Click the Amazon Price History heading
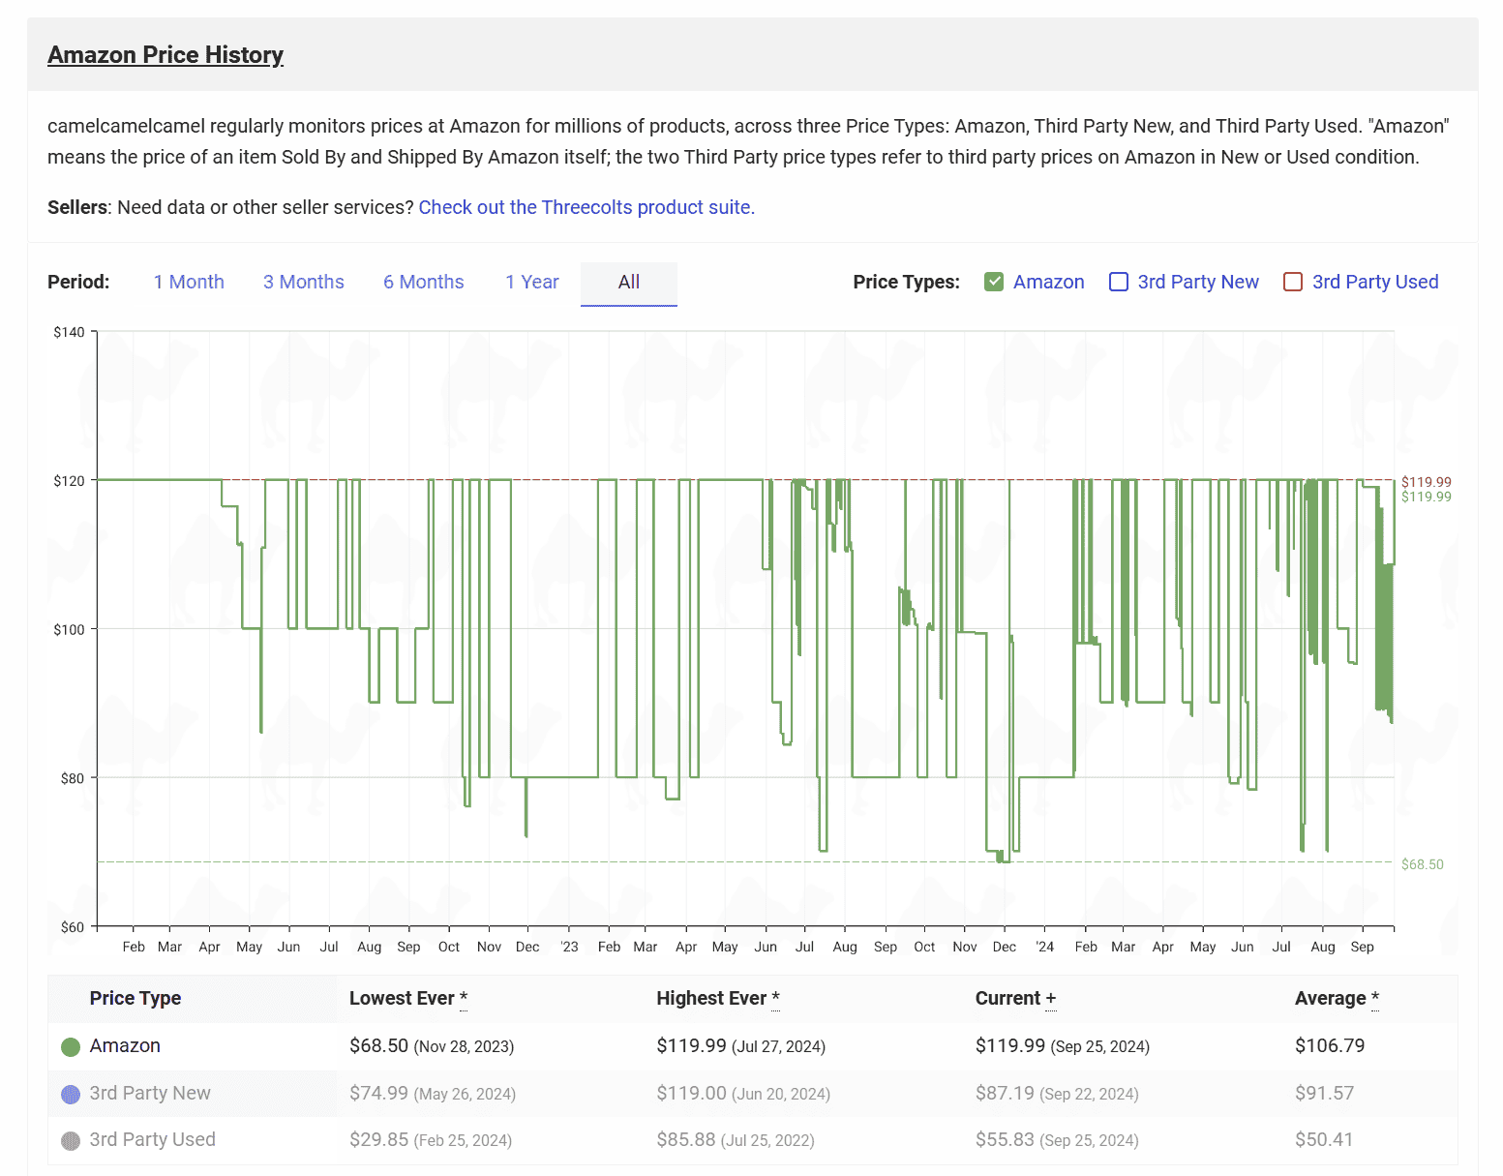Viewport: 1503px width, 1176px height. coord(165,54)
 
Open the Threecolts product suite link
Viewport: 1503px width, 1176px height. coord(586,207)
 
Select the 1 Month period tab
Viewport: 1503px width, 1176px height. coord(189,282)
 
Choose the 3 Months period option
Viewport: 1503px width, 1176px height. coord(303,282)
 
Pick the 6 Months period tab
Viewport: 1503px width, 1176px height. coord(423,282)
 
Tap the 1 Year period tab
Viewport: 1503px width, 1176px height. coord(532,282)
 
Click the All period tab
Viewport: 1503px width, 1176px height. coord(629,283)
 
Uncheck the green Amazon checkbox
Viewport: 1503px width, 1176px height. coord(993,282)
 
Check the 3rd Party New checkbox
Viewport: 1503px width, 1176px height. coord(1119,282)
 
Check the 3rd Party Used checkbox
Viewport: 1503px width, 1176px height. coord(1293,282)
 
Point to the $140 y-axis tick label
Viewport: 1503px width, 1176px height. coord(69,332)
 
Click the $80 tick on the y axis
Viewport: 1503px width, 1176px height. coord(73,778)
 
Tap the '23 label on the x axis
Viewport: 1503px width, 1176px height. coord(569,947)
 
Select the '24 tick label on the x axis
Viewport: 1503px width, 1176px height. coord(1044,947)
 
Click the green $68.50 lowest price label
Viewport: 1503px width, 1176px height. coord(1422,864)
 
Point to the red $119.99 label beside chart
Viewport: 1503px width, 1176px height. coord(1427,481)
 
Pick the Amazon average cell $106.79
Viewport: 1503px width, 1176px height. coord(1330,1045)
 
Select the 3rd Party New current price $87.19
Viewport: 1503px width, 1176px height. coord(1005,1093)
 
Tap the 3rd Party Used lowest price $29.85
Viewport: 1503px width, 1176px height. coord(378,1139)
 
